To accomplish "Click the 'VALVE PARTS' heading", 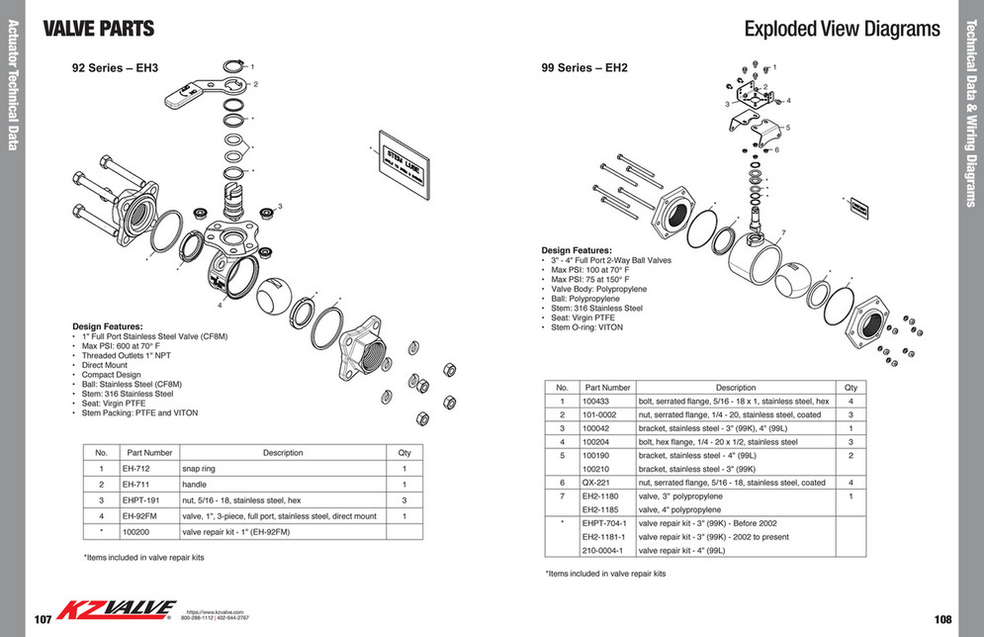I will pyautogui.click(x=99, y=29).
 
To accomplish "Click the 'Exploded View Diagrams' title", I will pyautogui.click(x=842, y=29).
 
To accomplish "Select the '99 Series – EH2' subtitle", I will pyautogui.click(x=584, y=68).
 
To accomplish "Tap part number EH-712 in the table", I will pyautogui.click(x=135, y=469).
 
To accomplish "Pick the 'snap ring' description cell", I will pyautogui.click(x=198, y=469).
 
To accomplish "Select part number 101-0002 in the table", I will pyautogui.click(x=601, y=415).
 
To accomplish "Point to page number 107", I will pyautogui.click(x=43, y=619).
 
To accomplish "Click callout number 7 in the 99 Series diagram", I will pyautogui.click(x=781, y=232).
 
